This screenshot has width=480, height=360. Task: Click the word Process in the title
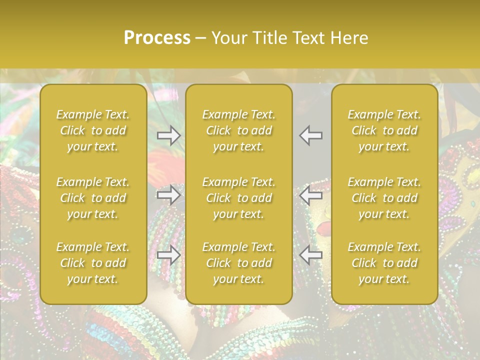pos(157,38)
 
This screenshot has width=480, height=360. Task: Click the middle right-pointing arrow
pos(168,194)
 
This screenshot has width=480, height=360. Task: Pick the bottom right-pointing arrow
pos(168,255)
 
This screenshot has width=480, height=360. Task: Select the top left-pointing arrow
pos(311,135)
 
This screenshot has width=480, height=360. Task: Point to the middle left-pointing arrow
pos(311,194)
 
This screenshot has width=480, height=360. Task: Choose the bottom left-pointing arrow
pos(311,255)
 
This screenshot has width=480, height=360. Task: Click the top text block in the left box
pos(93,130)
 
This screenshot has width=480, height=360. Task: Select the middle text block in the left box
pos(93,198)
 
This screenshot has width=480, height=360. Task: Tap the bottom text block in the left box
pos(93,263)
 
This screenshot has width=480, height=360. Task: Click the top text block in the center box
pos(239,130)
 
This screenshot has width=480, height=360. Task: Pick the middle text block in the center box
pos(239,198)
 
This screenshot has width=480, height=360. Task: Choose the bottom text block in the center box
pos(239,263)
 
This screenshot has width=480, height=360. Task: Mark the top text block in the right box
pos(384,130)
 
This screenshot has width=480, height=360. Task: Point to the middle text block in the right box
pos(384,198)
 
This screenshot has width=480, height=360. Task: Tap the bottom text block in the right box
pos(384,263)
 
